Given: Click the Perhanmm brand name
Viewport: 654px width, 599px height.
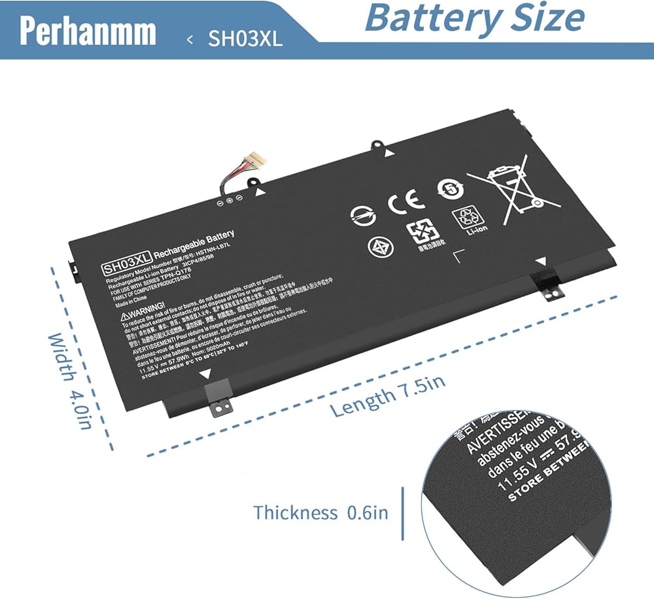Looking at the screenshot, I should point(88,31).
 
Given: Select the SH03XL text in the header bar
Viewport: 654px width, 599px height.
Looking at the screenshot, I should point(245,39).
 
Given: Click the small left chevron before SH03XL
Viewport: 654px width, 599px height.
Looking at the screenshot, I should point(190,39).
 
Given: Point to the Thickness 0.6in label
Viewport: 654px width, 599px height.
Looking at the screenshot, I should point(320,512).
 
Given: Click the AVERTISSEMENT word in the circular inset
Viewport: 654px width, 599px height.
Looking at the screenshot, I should point(497,432).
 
